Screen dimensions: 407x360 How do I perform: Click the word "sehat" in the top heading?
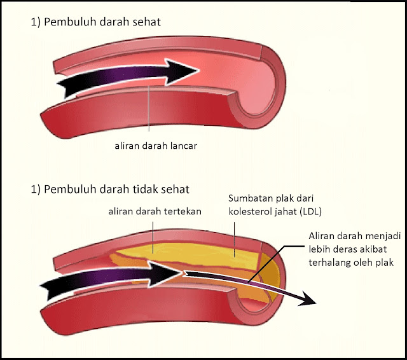(147, 22)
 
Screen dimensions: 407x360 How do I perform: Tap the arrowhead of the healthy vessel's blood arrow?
(182, 72)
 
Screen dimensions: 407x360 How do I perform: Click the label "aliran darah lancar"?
(156, 146)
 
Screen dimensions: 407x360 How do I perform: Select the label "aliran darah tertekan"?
(155, 212)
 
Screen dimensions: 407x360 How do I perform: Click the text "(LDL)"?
(311, 212)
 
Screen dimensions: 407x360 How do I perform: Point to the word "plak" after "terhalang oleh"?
(385, 263)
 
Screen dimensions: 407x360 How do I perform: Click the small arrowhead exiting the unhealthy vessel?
(308, 301)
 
